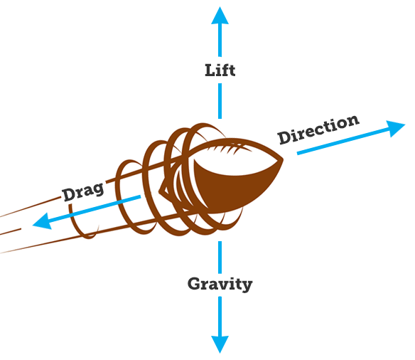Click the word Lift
[220, 70]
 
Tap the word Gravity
[220, 284]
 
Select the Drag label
[83, 191]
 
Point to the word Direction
[318, 129]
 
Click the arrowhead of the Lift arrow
[220, 16]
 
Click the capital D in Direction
[284, 137]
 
